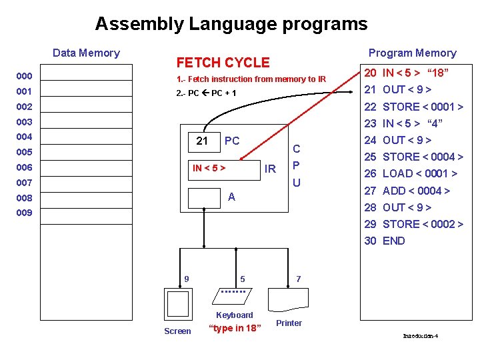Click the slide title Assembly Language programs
pos(231,24)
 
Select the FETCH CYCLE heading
pos(223,63)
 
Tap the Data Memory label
pos(86,53)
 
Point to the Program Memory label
pos(412,53)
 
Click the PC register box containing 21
pos(202,141)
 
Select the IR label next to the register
pos(270,169)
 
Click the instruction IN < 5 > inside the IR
pos(209,168)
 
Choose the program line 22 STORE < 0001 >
pos(413,107)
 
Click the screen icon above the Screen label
pos(178,303)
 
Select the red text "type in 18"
pos(235,327)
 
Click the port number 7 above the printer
pos(297,278)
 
